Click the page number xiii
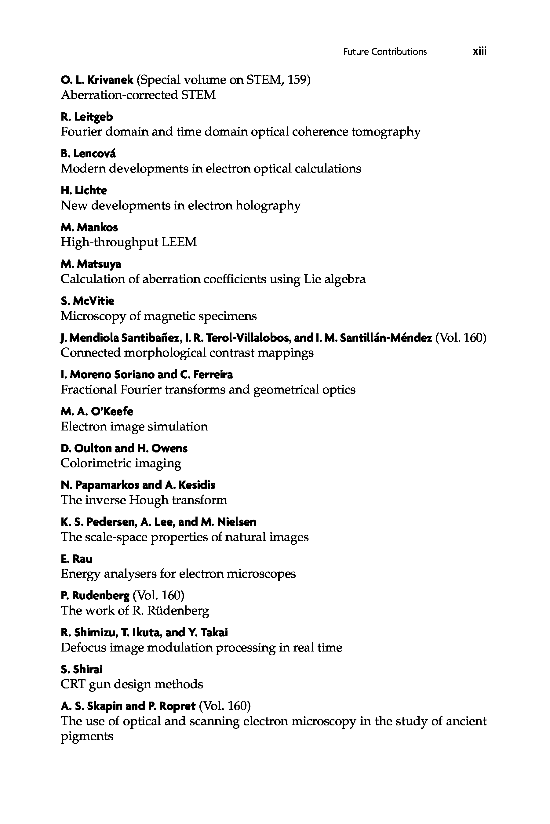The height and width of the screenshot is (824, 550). click(x=479, y=52)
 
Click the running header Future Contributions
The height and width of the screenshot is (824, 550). click(x=385, y=52)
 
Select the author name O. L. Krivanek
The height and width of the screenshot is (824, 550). click(x=97, y=80)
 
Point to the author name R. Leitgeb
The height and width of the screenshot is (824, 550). click(x=87, y=117)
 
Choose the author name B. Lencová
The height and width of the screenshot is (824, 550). click(x=88, y=154)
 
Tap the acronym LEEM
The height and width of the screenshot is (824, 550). click(x=179, y=242)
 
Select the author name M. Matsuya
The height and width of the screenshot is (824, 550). click(x=91, y=264)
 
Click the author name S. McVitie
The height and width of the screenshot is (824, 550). click(x=87, y=301)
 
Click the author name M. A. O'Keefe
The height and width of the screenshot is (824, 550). click(x=97, y=411)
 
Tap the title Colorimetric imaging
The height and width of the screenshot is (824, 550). click(x=121, y=463)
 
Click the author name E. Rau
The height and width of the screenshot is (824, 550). click(x=76, y=559)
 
